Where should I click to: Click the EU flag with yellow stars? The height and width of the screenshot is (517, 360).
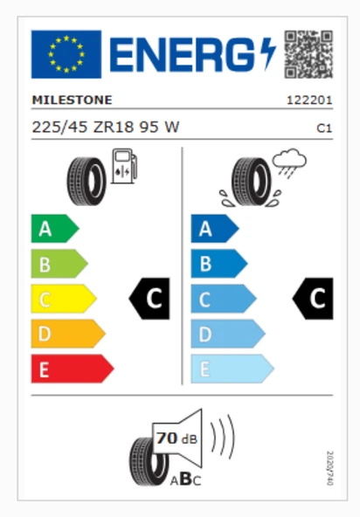pos(66,54)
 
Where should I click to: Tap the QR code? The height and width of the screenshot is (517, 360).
pos(308,54)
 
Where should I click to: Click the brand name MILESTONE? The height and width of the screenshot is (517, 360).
pos(72,100)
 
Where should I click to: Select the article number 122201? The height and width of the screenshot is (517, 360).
pos(309,100)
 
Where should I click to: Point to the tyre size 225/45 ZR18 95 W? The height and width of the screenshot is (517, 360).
pos(106,127)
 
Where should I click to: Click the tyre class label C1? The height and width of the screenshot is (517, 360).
pos(324,128)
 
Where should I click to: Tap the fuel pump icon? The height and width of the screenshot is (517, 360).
pos(124,166)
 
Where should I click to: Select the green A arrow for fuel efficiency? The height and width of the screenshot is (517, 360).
pos(55,229)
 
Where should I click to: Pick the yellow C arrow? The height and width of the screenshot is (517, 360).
pos(64,299)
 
